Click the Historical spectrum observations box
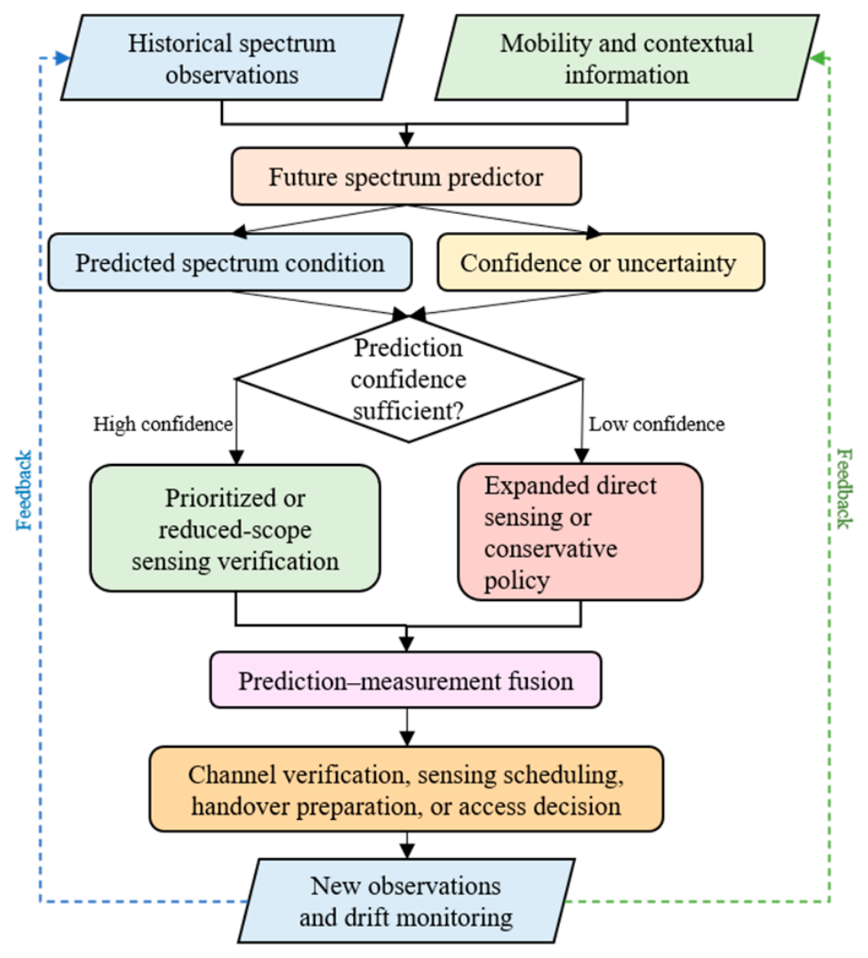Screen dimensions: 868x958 pyautogui.click(x=232, y=58)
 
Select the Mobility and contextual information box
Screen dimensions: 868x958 pyautogui.click(x=627, y=58)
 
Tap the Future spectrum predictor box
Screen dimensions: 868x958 pyautogui.click(x=406, y=176)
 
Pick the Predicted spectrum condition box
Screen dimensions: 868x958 pyautogui.click(x=230, y=263)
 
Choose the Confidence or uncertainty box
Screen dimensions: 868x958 pyautogui.click(x=601, y=263)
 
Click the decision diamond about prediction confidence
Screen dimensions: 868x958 pyautogui.click(x=409, y=379)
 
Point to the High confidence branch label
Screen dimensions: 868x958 pyautogui.click(x=163, y=424)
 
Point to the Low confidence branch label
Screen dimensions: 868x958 pyautogui.click(x=657, y=424)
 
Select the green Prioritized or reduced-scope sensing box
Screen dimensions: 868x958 pyautogui.click(x=235, y=529)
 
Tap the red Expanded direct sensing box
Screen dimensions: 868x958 pyautogui.click(x=580, y=532)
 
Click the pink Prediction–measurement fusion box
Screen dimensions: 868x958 pyautogui.click(x=406, y=681)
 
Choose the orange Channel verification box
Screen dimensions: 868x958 pyautogui.click(x=406, y=790)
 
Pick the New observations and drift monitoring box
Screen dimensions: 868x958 pyautogui.click(x=406, y=902)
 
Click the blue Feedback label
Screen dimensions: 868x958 pyautogui.click(x=24, y=490)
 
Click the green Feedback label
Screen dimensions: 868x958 pyautogui.click(x=844, y=489)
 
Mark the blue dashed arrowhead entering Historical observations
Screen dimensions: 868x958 pyautogui.click(x=63, y=58)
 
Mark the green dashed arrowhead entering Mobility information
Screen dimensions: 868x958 pyautogui.click(x=817, y=58)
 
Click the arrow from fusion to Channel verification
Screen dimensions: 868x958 pyautogui.click(x=407, y=728)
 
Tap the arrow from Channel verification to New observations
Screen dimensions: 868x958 pyautogui.click(x=407, y=845)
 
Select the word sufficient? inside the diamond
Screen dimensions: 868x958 pyautogui.click(x=408, y=410)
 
